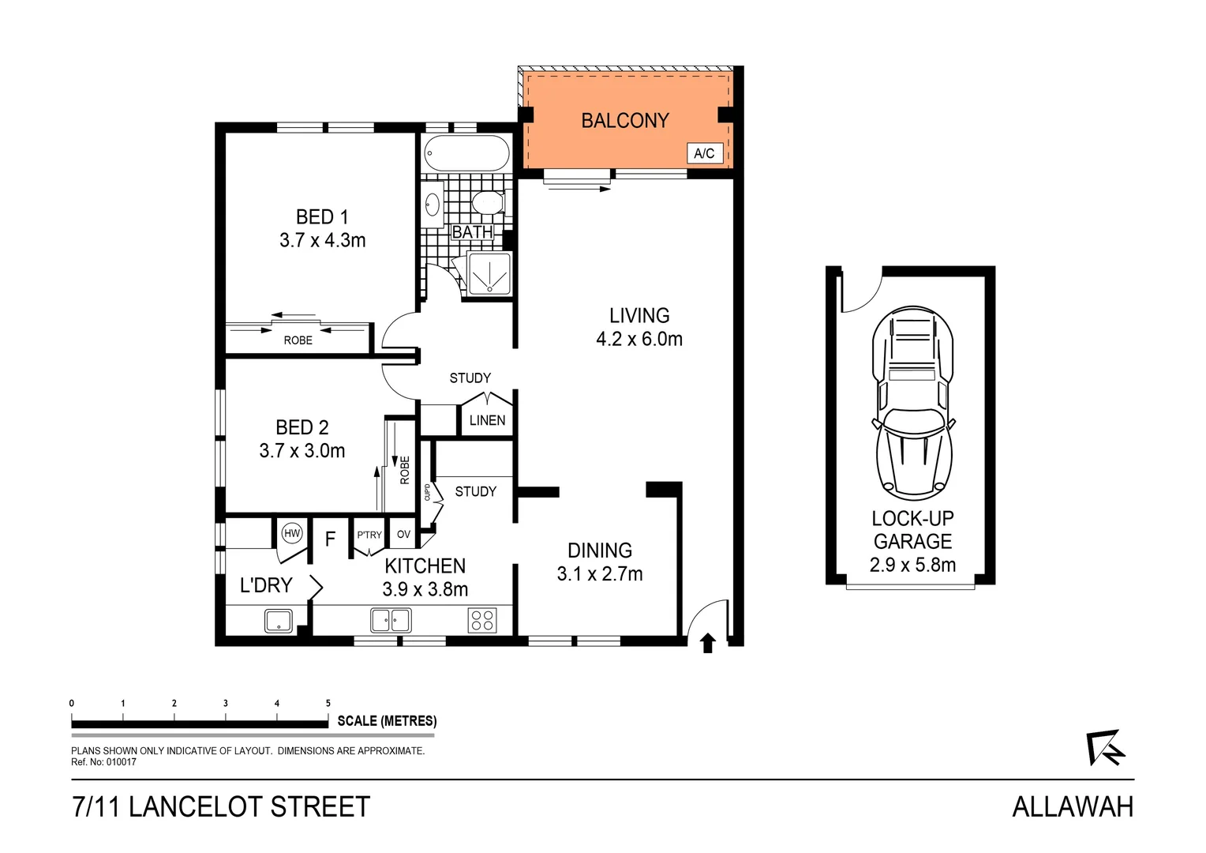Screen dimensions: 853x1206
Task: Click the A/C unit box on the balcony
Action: point(704,153)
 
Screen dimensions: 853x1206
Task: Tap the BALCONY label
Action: point(624,121)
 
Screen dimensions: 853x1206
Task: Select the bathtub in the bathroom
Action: point(466,153)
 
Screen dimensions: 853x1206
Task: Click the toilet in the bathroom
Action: point(489,203)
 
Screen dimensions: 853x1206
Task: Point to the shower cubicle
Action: point(489,273)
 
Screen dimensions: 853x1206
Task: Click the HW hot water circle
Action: point(292,533)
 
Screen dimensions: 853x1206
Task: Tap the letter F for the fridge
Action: point(331,539)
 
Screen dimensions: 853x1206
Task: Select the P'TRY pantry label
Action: point(369,535)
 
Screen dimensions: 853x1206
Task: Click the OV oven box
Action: point(403,535)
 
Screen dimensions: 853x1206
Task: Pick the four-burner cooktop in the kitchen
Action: point(482,620)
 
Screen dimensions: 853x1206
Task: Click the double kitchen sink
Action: point(391,620)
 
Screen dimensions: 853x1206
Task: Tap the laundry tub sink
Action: point(278,620)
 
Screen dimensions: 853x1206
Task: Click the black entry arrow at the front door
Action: point(708,643)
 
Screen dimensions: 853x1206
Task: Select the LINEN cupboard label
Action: point(487,420)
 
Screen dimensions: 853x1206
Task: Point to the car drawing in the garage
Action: point(913,403)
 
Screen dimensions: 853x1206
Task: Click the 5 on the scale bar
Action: point(328,703)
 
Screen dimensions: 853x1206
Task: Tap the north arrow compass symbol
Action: point(1105,747)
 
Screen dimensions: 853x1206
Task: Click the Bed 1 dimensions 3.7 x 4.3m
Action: point(322,240)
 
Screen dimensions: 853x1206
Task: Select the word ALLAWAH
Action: point(1073,806)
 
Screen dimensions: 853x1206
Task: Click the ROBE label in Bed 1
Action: point(298,340)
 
